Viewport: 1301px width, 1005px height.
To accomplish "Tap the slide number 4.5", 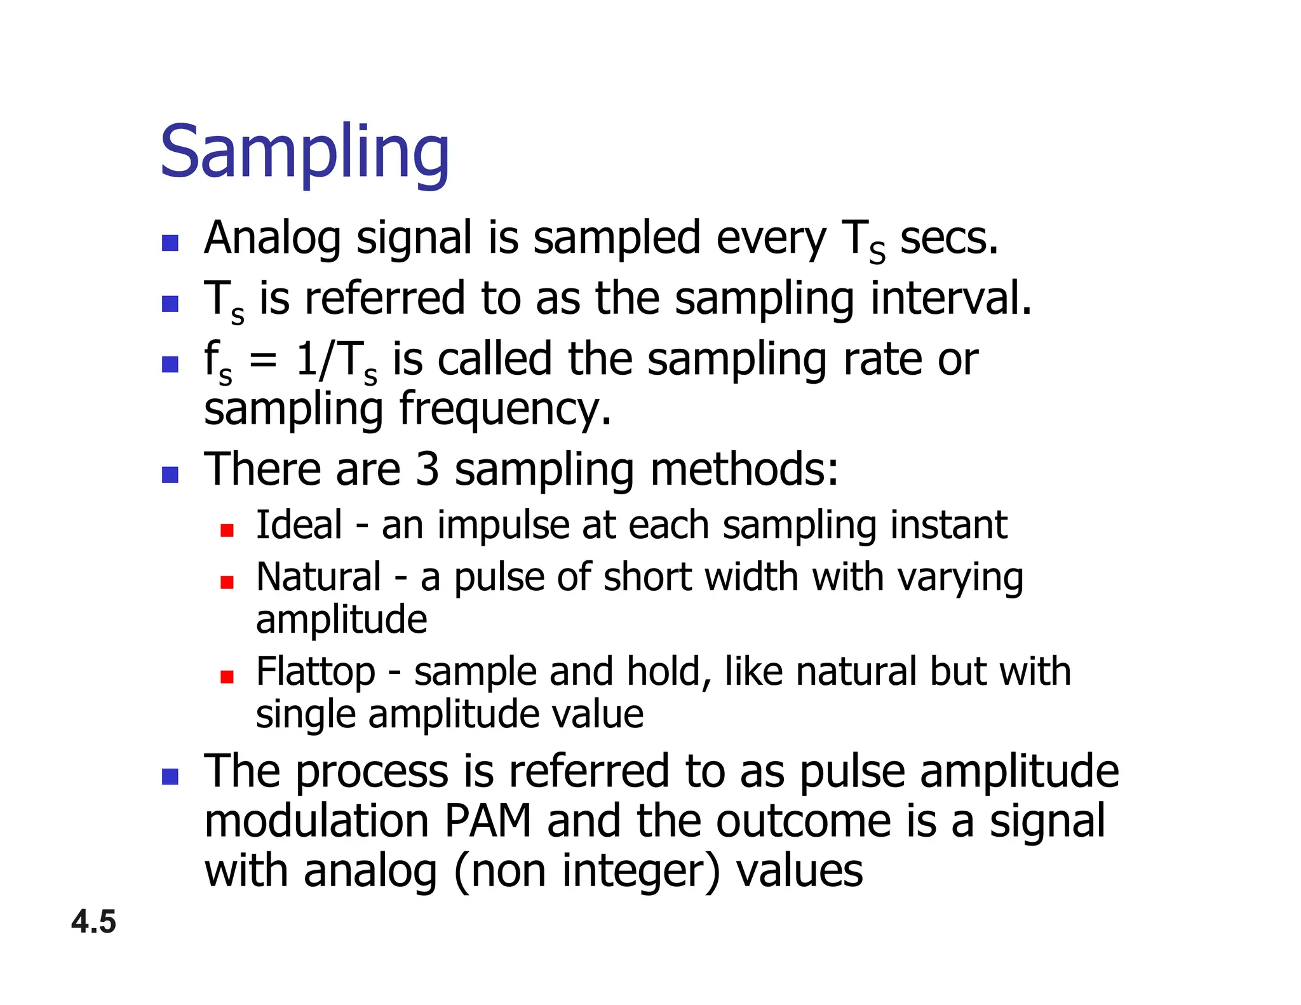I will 93,922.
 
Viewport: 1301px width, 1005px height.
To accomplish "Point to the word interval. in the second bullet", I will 950,299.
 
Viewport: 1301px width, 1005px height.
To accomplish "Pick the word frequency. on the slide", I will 505,410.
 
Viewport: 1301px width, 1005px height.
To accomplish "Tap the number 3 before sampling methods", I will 428,470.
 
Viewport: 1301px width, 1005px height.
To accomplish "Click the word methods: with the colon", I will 745,470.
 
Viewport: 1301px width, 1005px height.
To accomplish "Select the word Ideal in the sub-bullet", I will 299,525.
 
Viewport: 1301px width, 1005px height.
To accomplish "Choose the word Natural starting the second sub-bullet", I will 319,577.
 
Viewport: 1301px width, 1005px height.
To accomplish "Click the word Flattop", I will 316,673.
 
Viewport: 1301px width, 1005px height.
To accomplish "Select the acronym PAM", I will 487,821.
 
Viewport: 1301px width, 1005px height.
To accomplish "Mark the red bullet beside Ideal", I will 227,530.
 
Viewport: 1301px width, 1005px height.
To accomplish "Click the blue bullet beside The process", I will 170,776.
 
